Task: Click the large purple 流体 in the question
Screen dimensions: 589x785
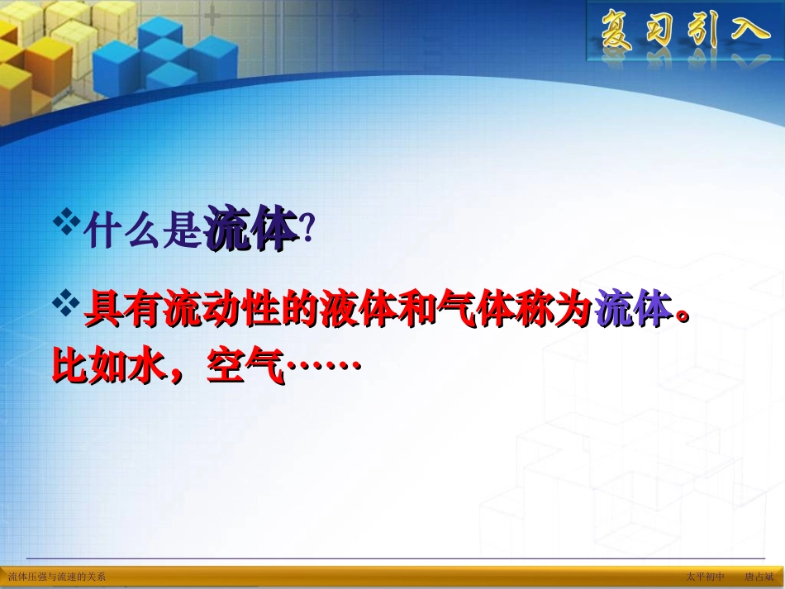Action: click(x=251, y=230)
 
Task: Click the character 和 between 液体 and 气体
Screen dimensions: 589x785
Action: click(x=435, y=312)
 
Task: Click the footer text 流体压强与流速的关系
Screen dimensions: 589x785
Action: click(x=57, y=577)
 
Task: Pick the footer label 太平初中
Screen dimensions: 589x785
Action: click(x=705, y=577)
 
